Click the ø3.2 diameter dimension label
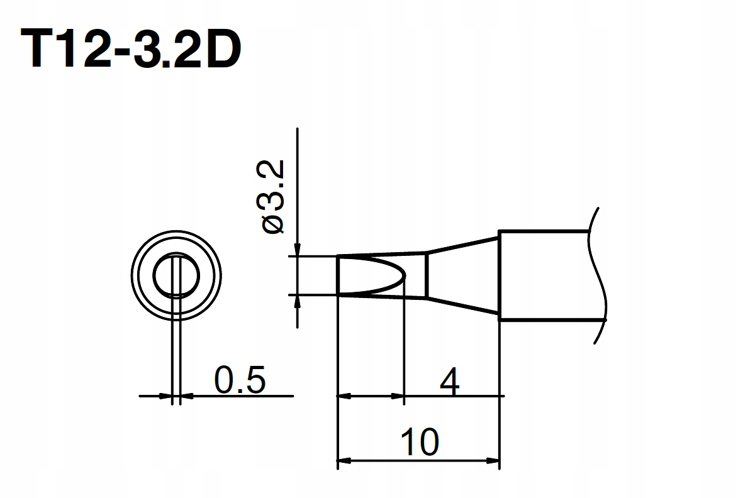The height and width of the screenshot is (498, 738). pos(274,197)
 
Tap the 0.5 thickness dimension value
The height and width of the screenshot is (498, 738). pos(240,379)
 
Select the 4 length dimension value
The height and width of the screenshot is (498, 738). pos(450,382)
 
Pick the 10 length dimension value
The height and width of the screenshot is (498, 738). pos(420,442)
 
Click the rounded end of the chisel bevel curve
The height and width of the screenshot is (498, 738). pos(405,275)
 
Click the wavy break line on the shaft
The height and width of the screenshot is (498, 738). pos(597,275)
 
